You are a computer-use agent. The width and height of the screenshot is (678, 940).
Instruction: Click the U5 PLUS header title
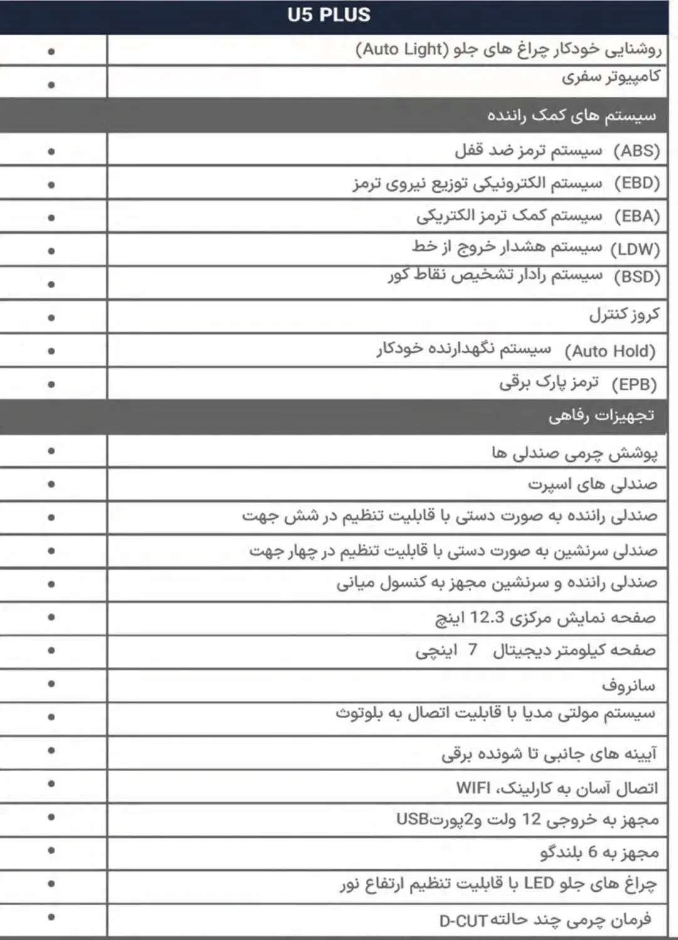tap(329, 15)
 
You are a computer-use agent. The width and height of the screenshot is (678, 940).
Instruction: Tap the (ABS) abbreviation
tap(637, 151)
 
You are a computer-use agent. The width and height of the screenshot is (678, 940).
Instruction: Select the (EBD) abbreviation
tap(637, 184)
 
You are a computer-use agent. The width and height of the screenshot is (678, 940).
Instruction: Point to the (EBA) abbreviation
tap(637, 216)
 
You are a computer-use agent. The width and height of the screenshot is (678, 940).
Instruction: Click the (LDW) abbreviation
tap(635, 249)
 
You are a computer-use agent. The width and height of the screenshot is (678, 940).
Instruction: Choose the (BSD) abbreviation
tap(637, 276)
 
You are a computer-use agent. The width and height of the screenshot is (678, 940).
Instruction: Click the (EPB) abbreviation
tap(634, 384)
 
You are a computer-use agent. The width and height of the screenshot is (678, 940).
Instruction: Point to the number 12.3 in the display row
tap(488, 618)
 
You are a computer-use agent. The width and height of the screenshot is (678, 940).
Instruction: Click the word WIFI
tap(473, 788)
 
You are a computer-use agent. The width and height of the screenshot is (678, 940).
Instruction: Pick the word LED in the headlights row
tap(539, 884)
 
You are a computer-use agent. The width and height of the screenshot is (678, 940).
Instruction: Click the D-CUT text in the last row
tap(463, 921)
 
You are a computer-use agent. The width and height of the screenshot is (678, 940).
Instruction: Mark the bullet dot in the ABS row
tap(51, 151)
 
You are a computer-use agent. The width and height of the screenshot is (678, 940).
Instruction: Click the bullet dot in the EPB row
tap(51, 384)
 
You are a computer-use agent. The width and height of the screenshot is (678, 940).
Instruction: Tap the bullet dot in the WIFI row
tap(51, 784)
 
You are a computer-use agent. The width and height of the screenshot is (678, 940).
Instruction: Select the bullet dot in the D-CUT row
tap(51, 917)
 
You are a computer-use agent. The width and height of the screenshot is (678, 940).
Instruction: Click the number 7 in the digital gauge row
tap(472, 650)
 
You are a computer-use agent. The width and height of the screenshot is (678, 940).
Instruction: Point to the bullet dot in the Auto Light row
tap(51, 51)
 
